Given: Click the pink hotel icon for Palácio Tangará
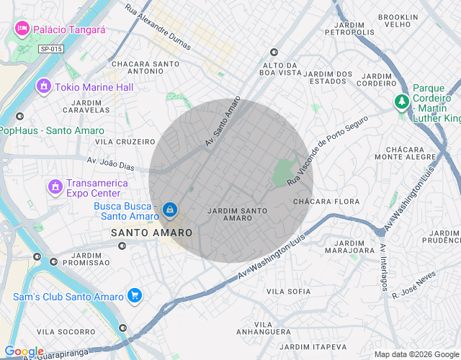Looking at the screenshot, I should point(22,30).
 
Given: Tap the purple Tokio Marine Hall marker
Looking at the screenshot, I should point(44,87).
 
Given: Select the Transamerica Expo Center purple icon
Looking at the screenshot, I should point(55,188).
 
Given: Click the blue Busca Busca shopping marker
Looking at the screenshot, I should point(169,210).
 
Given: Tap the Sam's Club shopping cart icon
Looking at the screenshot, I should point(134,296).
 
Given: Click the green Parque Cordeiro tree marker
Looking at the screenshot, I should point(401,102).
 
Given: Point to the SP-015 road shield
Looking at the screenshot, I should point(51,48).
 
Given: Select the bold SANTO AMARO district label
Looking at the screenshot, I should point(151,233).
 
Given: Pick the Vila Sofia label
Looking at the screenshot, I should point(288,292).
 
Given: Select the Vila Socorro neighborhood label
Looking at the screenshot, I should point(66,332).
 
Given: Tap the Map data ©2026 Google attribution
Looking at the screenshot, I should point(416,354).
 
